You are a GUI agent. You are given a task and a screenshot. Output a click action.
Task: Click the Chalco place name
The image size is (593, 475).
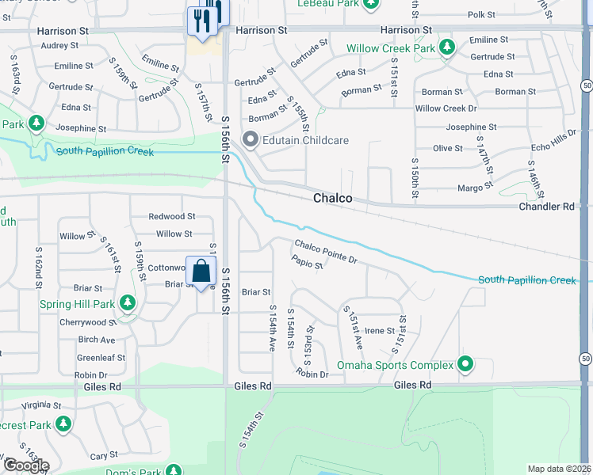(332, 198)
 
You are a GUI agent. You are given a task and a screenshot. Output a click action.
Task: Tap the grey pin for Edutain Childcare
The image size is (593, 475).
(251, 141)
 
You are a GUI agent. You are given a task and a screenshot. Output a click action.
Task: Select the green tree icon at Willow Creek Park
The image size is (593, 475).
(447, 48)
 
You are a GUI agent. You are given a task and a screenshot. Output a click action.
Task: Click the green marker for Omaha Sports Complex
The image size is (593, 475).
(465, 365)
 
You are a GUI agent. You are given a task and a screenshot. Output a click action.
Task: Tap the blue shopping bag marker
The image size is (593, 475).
(202, 272)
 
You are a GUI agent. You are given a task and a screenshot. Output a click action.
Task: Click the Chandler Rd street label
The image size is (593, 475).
(547, 206)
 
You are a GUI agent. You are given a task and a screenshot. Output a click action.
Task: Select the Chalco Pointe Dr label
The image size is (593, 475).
(327, 250)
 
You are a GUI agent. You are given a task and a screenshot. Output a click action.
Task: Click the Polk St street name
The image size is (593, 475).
(480, 14)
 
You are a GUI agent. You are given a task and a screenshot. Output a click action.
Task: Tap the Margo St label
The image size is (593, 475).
(476, 188)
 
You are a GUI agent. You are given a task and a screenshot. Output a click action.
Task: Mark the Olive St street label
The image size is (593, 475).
(448, 148)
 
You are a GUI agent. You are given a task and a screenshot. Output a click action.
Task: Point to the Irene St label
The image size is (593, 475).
(380, 331)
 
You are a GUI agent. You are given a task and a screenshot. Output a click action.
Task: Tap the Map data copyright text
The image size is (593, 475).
(560, 469)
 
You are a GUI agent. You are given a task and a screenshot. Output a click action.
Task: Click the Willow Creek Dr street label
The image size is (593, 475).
(446, 108)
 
